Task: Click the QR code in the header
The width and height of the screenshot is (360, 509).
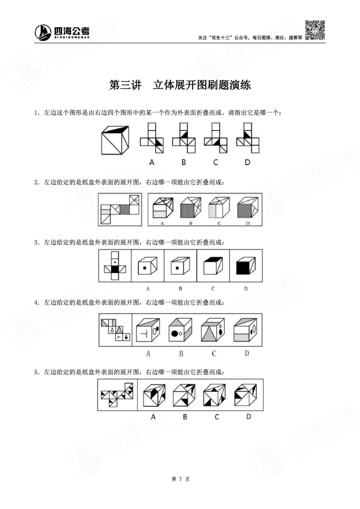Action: pos(315,30)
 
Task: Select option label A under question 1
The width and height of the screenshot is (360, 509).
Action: pos(152,162)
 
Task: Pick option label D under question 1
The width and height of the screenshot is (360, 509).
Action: pos(247,162)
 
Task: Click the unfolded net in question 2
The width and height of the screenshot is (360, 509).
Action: pos(120,209)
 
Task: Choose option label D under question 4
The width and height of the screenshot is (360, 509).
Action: pos(247,353)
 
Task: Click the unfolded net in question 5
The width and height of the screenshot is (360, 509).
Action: pos(116,393)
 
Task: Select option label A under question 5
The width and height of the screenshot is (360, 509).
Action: pos(153,417)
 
